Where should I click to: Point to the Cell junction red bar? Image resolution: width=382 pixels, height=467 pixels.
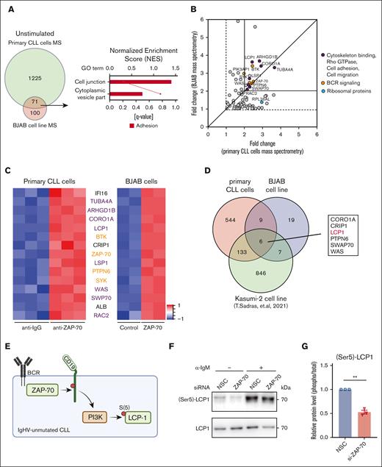point(140,81)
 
